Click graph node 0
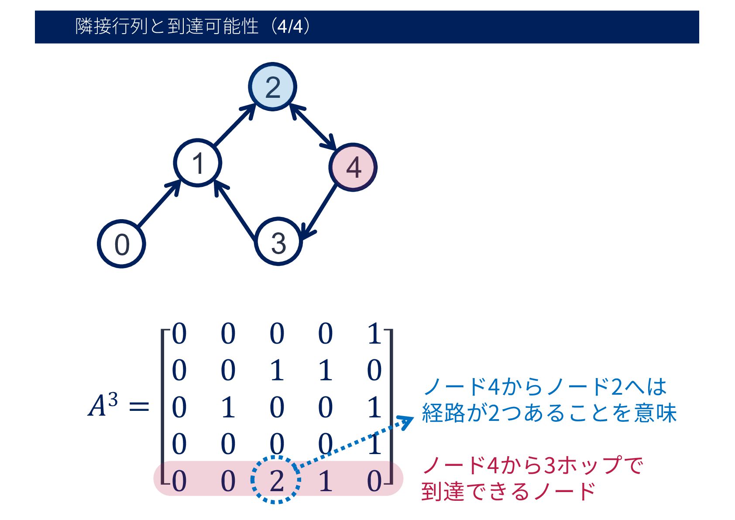121,244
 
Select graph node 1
198,163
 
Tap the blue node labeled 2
272,87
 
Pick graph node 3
278,241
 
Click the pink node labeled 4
353,167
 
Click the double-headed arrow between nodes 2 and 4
313,127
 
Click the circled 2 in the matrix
276,480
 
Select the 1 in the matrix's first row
374,334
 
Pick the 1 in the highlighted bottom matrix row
325,481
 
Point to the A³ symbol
103,405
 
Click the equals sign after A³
139,407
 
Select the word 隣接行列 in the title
112,27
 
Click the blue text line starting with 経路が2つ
549,413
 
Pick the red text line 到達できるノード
508,491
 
